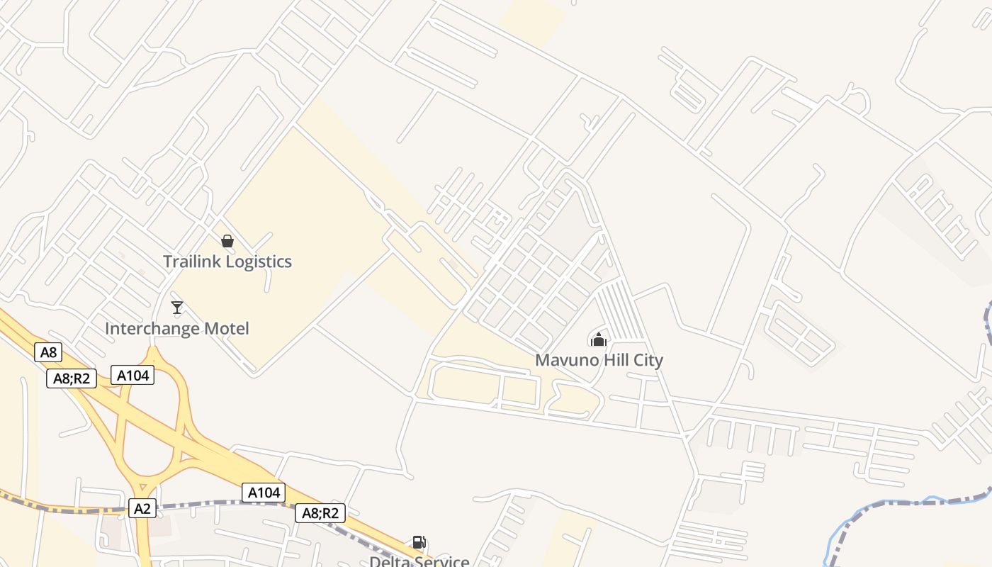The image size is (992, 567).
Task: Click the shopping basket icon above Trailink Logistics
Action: [227, 241]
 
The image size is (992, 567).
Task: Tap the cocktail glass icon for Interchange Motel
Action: [177, 308]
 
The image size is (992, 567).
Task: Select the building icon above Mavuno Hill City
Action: [599, 339]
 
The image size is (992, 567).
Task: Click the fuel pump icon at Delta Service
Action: [419, 543]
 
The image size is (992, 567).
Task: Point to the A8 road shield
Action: [48, 352]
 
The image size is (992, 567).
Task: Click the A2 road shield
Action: [142, 507]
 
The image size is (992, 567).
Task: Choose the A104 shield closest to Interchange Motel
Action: [133, 375]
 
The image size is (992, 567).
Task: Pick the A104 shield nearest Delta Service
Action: [264, 492]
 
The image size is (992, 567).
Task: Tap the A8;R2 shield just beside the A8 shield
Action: [72, 378]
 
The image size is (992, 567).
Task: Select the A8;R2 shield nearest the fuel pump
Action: [320, 513]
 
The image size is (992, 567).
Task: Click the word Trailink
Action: [192, 262]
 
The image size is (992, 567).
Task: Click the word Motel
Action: [227, 329]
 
